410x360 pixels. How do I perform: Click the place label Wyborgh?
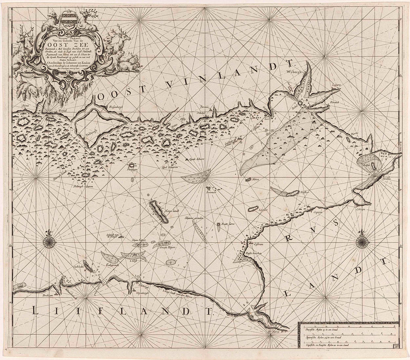pos(295,72)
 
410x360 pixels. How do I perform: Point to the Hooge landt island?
pos(159,212)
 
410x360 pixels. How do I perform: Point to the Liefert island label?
pos(263,210)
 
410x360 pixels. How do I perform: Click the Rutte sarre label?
pos(227,224)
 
